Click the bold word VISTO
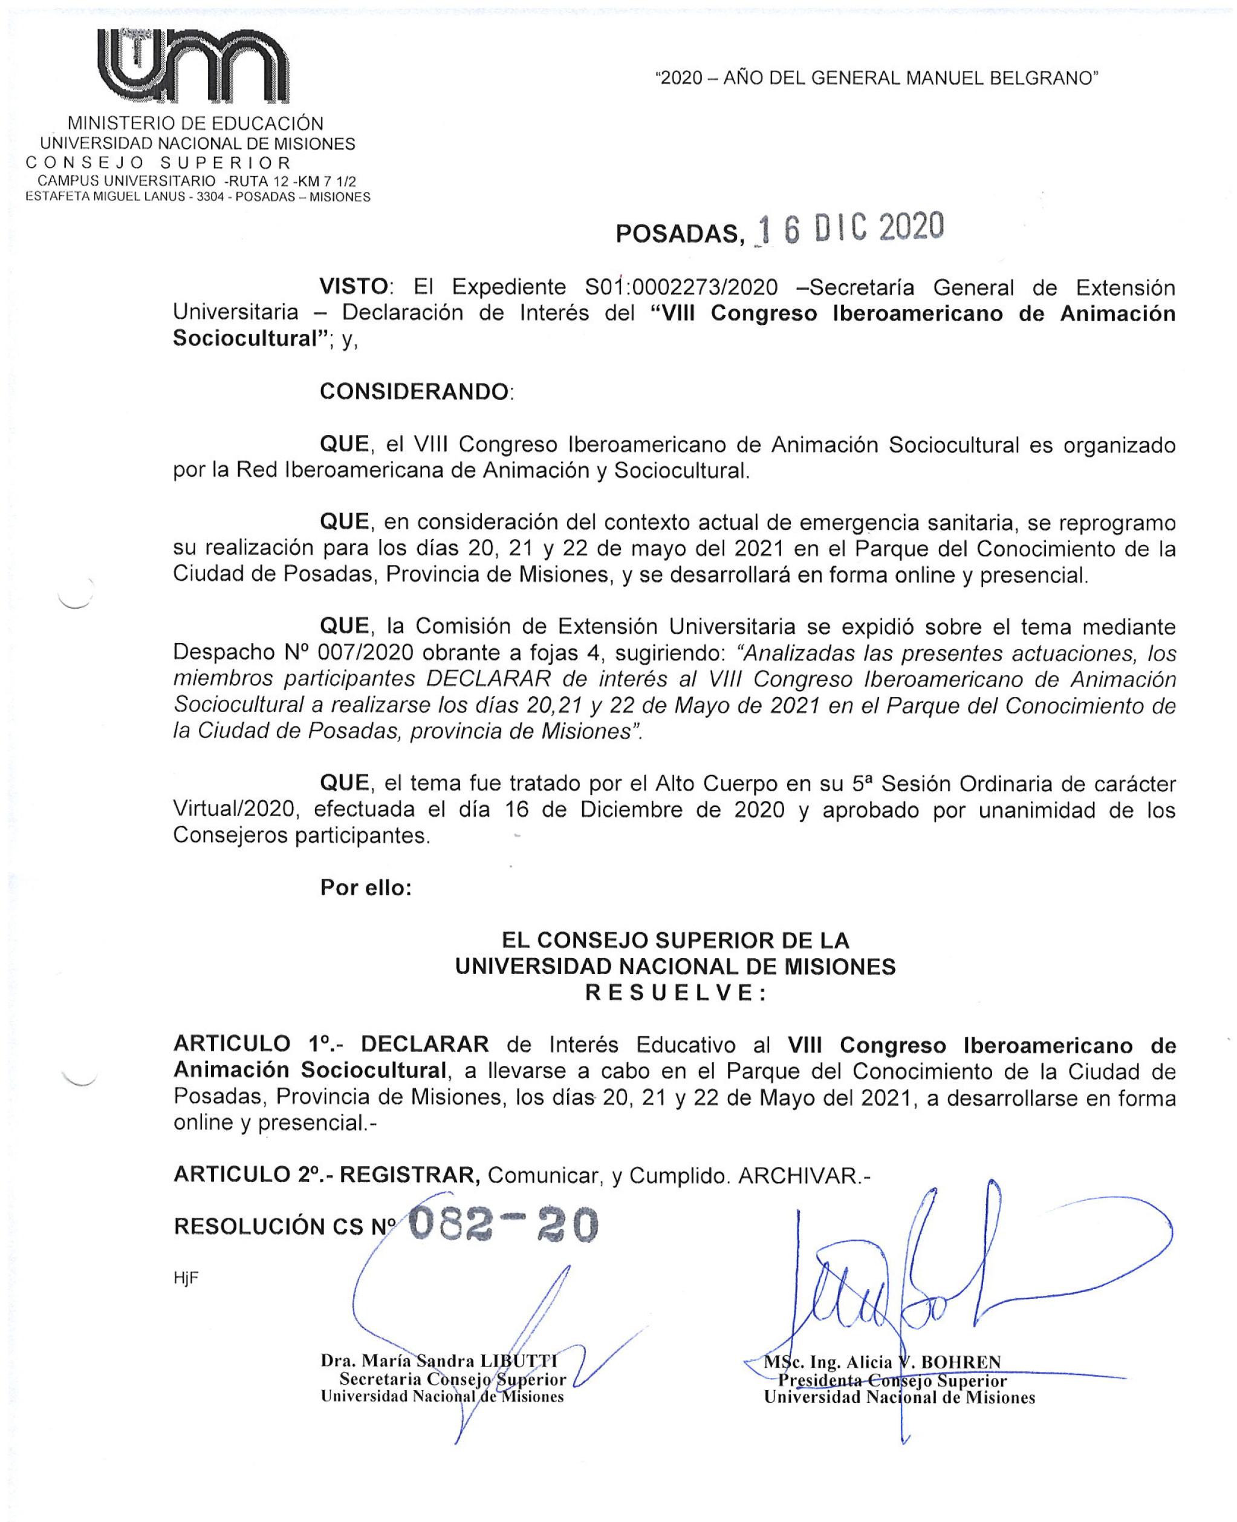(x=354, y=287)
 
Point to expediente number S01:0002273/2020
(x=681, y=288)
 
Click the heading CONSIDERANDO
(x=415, y=392)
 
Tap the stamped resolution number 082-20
(x=503, y=1225)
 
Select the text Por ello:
(x=366, y=887)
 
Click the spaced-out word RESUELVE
(x=675, y=993)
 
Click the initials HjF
(x=186, y=1278)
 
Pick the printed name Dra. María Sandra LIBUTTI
(x=439, y=1360)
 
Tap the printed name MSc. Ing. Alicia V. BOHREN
(x=882, y=1362)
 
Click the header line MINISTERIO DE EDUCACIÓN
(x=196, y=123)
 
